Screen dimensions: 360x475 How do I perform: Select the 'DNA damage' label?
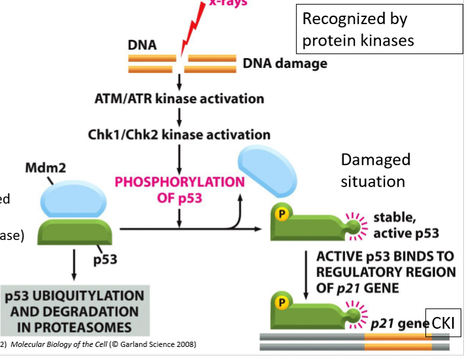pyautogui.click(x=284, y=64)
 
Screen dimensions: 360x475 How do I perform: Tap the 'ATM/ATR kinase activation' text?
pyautogui.click(x=179, y=99)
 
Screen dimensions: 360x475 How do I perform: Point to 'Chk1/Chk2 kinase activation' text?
pyautogui.click(x=179, y=135)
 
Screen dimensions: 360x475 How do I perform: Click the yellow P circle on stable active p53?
pyautogui.click(x=281, y=215)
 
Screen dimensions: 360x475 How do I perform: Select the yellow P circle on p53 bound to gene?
pyautogui.click(x=281, y=303)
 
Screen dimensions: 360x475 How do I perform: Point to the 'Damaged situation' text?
pyautogui.click(x=376, y=170)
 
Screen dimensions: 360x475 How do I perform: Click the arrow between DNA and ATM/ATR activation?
pyautogui.click(x=179, y=82)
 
